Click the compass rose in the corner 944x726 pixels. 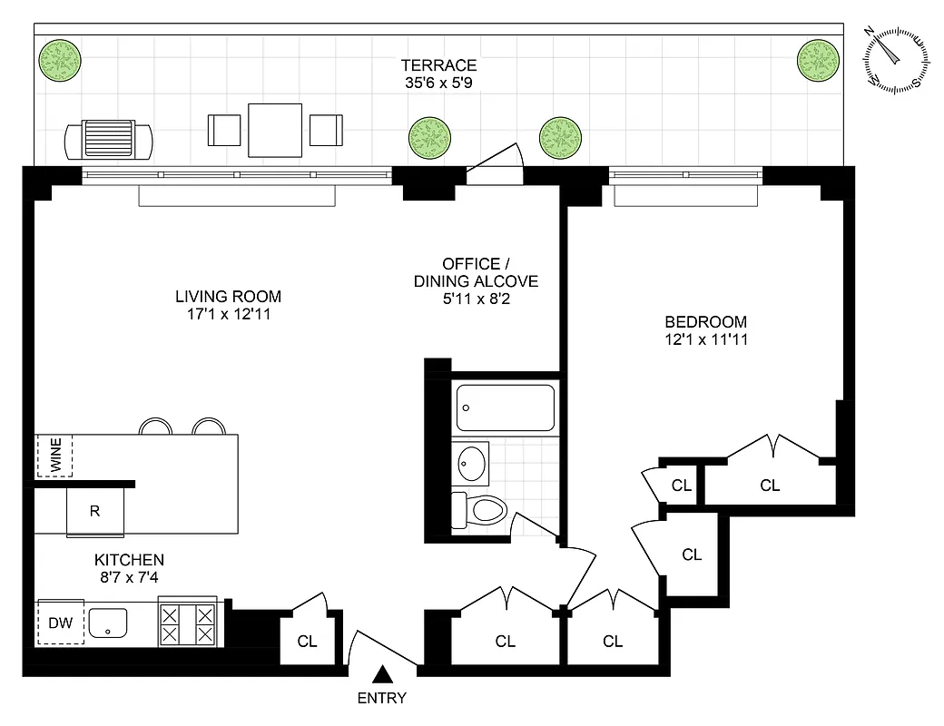click(896, 59)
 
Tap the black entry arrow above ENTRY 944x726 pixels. click(383, 674)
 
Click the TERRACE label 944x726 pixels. click(439, 65)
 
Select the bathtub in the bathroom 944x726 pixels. click(506, 407)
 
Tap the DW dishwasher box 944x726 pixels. click(60, 623)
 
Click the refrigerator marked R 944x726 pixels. click(94, 511)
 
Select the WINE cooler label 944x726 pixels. click(54, 456)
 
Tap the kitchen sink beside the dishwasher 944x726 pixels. click(108, 623)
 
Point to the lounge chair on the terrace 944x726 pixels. click(108, 140)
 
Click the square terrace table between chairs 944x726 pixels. click(274, 130)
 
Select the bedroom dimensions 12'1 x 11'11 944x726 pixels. click(705, 340)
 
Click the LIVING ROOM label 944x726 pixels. click(228, 297)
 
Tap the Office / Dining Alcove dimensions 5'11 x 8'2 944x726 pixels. click(476, 299)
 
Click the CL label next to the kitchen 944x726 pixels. click(308, 642)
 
